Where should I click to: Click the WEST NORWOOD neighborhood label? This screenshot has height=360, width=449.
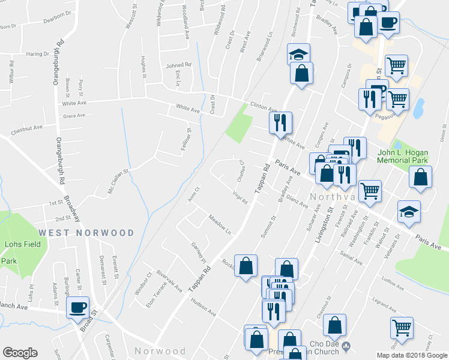86,232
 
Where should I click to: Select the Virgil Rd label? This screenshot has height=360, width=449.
241,197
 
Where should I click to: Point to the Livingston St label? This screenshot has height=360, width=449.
324,225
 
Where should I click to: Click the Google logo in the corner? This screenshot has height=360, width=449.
20,353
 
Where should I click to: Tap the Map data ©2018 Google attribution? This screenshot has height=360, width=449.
411,355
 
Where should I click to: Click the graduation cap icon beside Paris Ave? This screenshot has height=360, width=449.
409,212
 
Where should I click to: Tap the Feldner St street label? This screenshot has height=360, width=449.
187,139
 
